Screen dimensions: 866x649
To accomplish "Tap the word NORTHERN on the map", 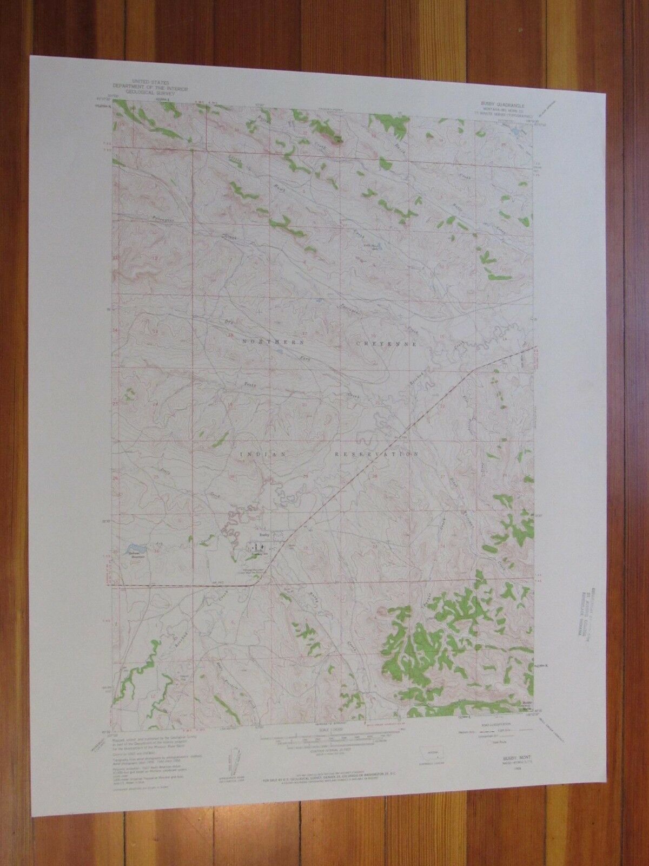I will tap(268, 343).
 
